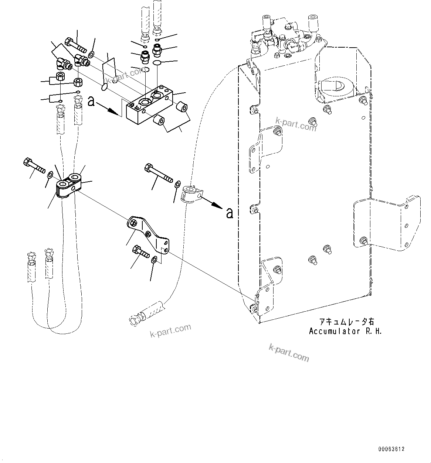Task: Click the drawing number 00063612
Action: click(x=391, y=449)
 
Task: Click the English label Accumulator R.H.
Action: click(x=345, y=331)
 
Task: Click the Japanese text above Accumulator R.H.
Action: click(x=342, y=322)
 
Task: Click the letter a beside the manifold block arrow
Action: click(x=91, y=101)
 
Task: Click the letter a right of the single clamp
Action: click(x=230, y=213)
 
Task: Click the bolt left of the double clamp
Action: click(x=34, y=166)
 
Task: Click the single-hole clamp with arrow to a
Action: click(x=191, y=194)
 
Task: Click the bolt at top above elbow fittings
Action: click(x=75, y=46)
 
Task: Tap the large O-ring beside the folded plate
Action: click(x=104, y=87)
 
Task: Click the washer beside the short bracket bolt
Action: click(x=155, y=260)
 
